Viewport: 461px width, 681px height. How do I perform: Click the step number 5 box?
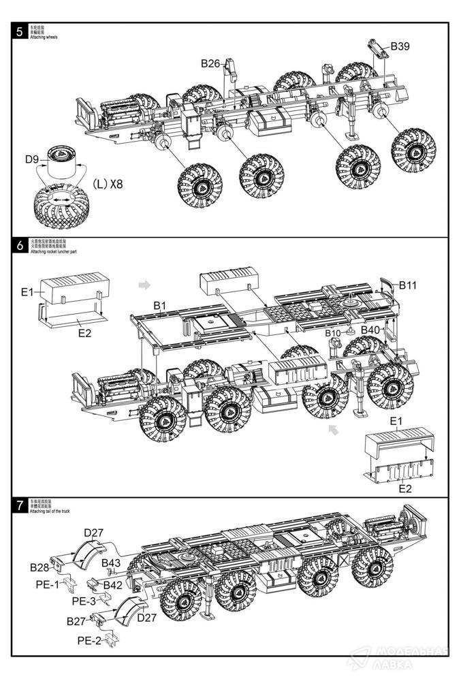coord(19,31)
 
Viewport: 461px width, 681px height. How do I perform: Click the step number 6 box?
coord(19,245)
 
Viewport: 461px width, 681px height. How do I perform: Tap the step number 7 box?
coord(19,505)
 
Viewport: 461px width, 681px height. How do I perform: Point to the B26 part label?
coord(210,63)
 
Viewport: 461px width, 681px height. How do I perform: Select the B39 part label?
coord(400,46)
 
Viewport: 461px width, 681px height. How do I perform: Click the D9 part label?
coord(32,159)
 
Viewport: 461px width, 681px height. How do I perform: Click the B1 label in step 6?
coord(159,306)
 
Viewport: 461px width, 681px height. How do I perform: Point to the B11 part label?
coord(408,285)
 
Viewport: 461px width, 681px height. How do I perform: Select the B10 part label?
coord(332,332)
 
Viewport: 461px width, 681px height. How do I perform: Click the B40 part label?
coord(370,330)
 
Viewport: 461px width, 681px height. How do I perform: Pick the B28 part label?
coord(39,567)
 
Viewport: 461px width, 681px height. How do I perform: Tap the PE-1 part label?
coord(47,584)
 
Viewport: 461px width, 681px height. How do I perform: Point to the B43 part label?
coord(112,563)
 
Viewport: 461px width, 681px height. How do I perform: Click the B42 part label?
coord(113,584)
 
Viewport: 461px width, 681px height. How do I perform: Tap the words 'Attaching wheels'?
coord(44,37)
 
